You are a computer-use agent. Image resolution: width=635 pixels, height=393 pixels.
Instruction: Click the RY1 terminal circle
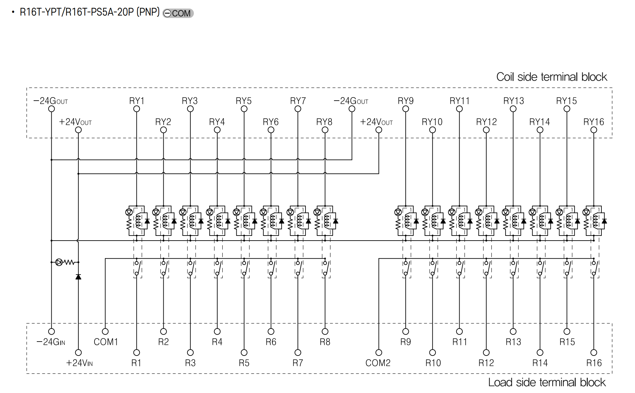(x=136, y=109)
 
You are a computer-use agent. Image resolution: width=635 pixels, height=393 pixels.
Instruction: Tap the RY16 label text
(x=593, y=122)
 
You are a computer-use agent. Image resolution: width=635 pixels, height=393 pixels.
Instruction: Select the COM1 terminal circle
(x=105, y=331)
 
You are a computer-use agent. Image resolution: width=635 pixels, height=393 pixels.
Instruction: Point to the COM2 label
(x=378, y=363)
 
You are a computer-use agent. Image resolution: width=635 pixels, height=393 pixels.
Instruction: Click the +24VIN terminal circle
(x=78, y=353)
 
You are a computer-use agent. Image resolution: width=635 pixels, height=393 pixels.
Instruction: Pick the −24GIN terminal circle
(x=51, y=331)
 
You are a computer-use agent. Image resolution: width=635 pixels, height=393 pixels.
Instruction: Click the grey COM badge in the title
(x=178, y=13)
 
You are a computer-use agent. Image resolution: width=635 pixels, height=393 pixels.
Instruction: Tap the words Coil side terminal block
(x=552, y=77)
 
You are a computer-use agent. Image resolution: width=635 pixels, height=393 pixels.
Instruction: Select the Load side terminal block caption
(x=547, y=382)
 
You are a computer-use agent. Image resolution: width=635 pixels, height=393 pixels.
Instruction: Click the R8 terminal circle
(x=325, y=331)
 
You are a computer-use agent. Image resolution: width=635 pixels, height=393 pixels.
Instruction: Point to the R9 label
(x=405, y=342)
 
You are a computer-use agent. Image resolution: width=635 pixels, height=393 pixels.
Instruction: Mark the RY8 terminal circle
(x=325, y=130)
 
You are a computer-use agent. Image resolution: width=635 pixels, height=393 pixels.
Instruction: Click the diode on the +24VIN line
(x=78, y=277)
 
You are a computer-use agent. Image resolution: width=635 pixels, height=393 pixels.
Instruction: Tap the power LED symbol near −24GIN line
(x=59, y=262)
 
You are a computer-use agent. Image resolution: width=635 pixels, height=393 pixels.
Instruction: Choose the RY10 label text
(x=432, y=122)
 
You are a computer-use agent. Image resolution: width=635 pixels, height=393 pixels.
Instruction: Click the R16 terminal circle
(x=594, y=353)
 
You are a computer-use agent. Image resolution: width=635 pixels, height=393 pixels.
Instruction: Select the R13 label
(x=513, y=342)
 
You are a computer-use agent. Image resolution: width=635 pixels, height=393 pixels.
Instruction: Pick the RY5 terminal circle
(x=244, y=109)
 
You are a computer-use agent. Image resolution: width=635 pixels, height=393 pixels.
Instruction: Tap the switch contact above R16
(x=595, y=268)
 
